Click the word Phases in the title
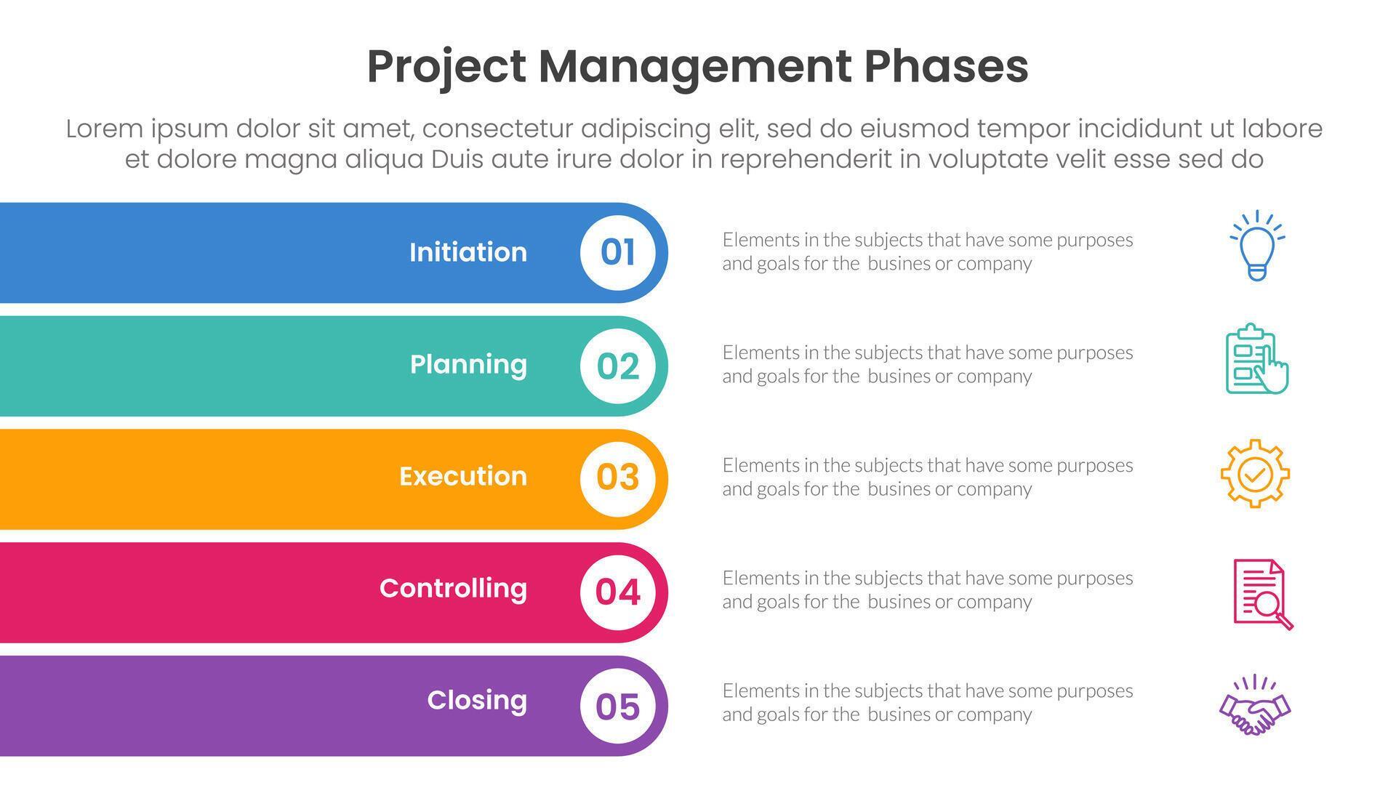pyautogui.click(x=946, y=67)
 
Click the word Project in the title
pyautogui.click(x=446, y=67)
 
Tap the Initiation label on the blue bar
pyautogui.click(x=468, y=252)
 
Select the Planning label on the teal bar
pyautogui.click(x=468, y=364)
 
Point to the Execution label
pyautogui.click(x=462, y=476)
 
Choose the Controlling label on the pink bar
pyautogui.click(x=453, y=588)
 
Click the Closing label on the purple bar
pyautogui.click(x=476, y=700)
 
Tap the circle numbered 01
pyautogui.click(x=618, y=252)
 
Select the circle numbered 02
pyautogui.click(x=618, y=366)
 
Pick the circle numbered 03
pyautogui.click(x=618, y=478)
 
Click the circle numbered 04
pyautogui.click(x=618, y=591)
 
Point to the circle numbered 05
pyautogui.click(x=618, y=706)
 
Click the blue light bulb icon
pyautogui.click(x=1257, y=246)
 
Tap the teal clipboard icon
pyautogui.click(x=1256, y=359)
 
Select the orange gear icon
pyautogui.click(x=1255, y=474)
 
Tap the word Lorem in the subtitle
pyautogui.click(x=104, y=129)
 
